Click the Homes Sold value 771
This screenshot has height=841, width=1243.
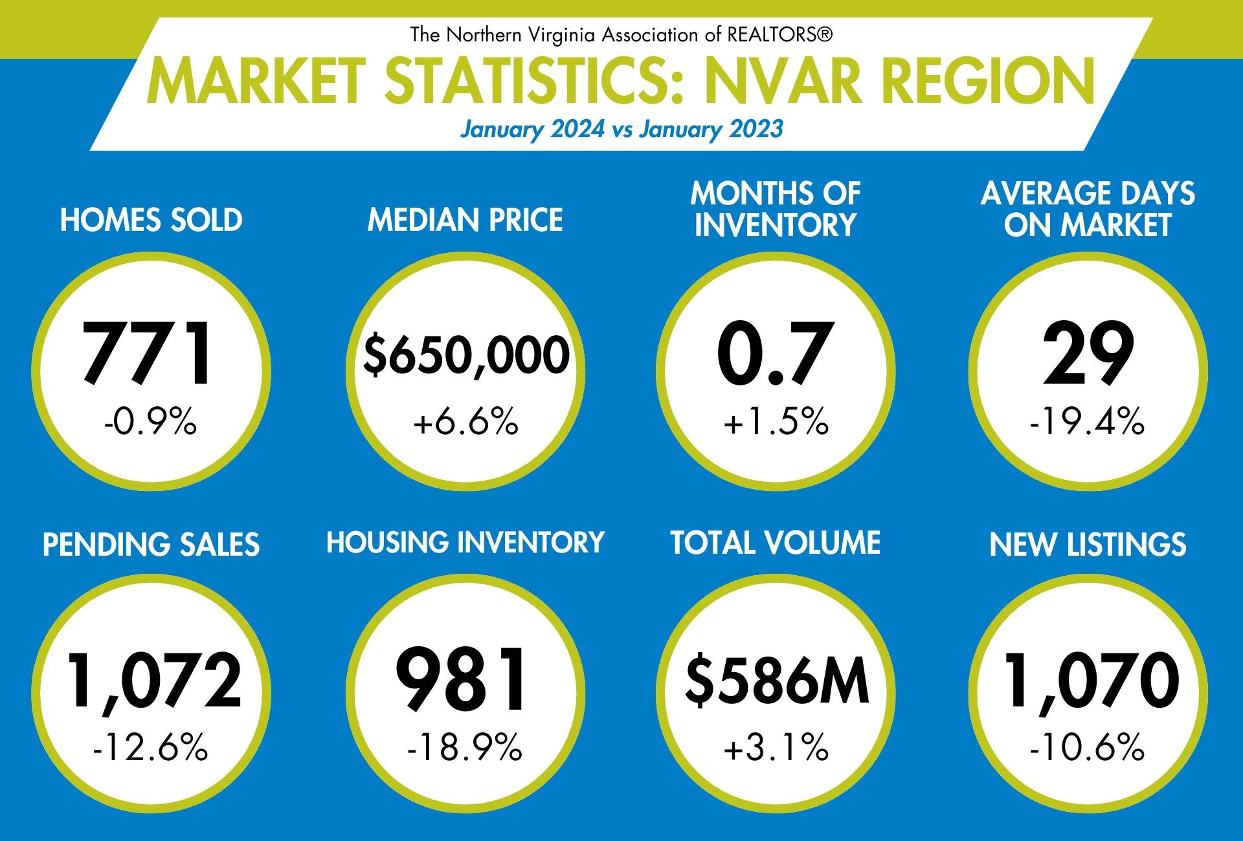(x=148, y=354)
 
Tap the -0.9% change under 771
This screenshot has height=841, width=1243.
(x=150, y=422)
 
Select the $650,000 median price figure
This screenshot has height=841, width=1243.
(x=465, y=355)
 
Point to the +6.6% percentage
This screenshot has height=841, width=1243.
(x=465, y=422)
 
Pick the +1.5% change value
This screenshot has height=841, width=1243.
(x=776, y=422)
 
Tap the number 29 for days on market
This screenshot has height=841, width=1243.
(x=1088, y=354)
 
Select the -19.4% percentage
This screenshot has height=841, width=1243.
(x=1087, y=422)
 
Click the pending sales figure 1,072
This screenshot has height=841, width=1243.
(x=154, y=681)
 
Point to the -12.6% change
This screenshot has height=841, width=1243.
(x=150, y=747)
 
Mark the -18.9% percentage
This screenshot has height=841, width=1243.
(x=464, y=747)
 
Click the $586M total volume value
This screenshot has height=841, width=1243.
(x=777, y=681)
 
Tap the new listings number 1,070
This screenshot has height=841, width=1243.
(x=1091, y=681)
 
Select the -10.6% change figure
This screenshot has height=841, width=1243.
(x=1087, y=747)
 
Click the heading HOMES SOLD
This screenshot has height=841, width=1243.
(x=151, y=220)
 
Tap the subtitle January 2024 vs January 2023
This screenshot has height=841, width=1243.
(x=621, y=129)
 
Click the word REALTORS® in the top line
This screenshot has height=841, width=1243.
(x=779, y=34)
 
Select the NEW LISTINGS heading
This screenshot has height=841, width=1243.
(x=1088, y=544)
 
